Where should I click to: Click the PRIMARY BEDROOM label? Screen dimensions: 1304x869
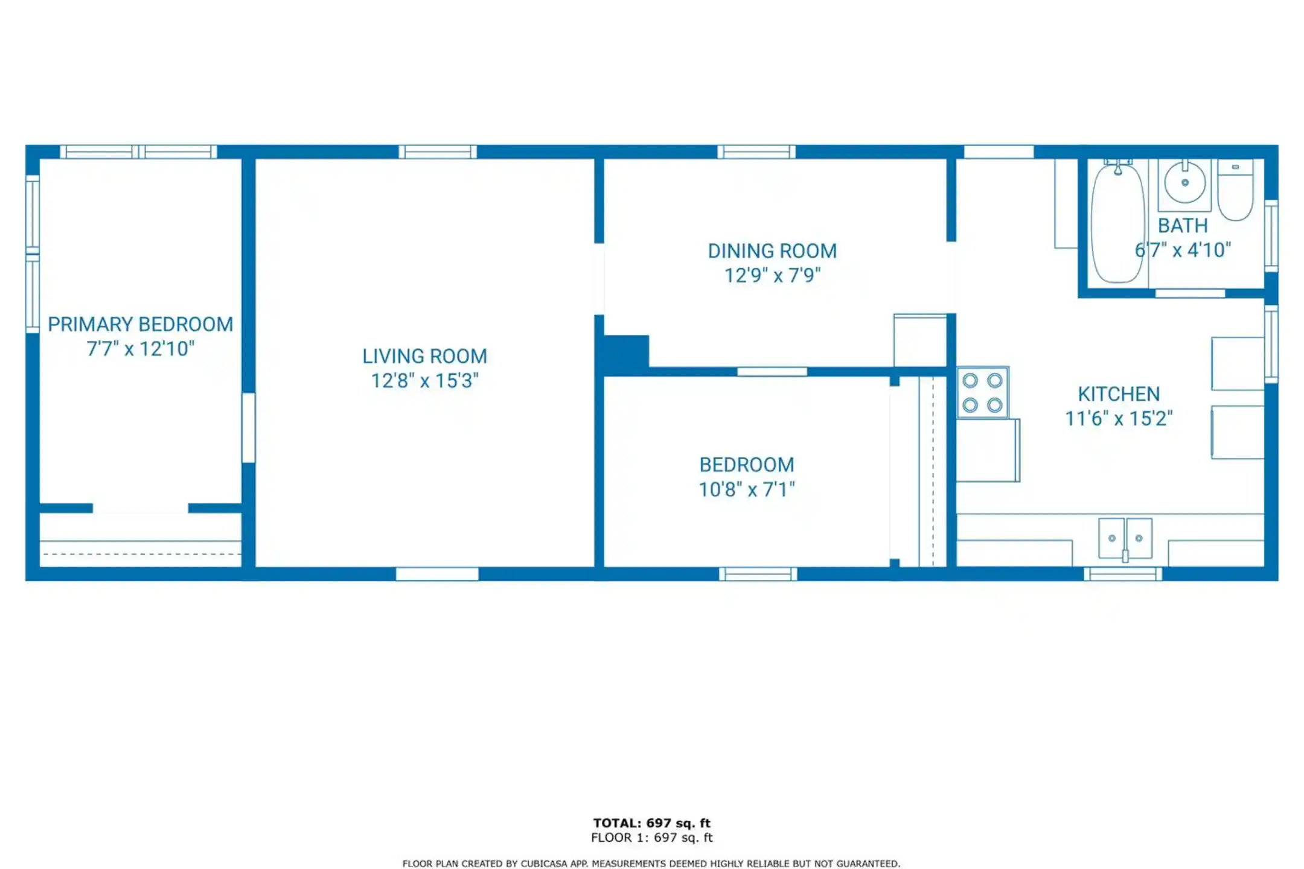click(140, 325)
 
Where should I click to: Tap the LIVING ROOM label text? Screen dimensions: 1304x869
click(424, 357)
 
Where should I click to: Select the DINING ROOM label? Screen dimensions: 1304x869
click(772, 251)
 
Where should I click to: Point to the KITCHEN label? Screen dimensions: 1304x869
click(1119, 394)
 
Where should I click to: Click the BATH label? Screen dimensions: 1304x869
click(1182, 226)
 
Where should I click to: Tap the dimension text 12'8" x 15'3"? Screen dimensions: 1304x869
click(424, 381)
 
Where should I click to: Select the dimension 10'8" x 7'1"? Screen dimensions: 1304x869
click(747, 489)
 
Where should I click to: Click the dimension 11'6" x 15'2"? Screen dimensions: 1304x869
click(1119, 418)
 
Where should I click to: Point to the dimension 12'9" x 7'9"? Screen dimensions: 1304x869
click(772, 275)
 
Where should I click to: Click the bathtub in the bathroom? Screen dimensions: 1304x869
click(1117, 222)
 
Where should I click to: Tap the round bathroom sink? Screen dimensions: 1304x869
click(1184, 183)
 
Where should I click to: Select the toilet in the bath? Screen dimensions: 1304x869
click(1235, 189)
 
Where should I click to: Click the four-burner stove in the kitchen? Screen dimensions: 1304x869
click(983, 392)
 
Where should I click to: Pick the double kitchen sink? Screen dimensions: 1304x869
click(1125, 538)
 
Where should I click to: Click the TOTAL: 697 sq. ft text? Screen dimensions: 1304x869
click(651, 823)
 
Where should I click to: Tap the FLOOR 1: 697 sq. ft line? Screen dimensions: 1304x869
click(651, 838)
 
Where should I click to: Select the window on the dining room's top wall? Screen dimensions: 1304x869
click(756, 151)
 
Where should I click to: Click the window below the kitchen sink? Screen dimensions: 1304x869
click(1123, 574)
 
